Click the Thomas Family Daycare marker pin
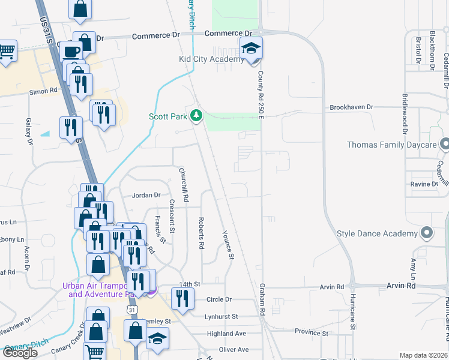[x=445, y=145]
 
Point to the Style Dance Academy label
[x=377, y=233]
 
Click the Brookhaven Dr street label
[x=351, y=107]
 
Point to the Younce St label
[x=228, y=244]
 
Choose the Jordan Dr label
[x=146, y=195]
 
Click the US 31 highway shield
[x=132, y=309]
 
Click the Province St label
[x=312, y=332]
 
